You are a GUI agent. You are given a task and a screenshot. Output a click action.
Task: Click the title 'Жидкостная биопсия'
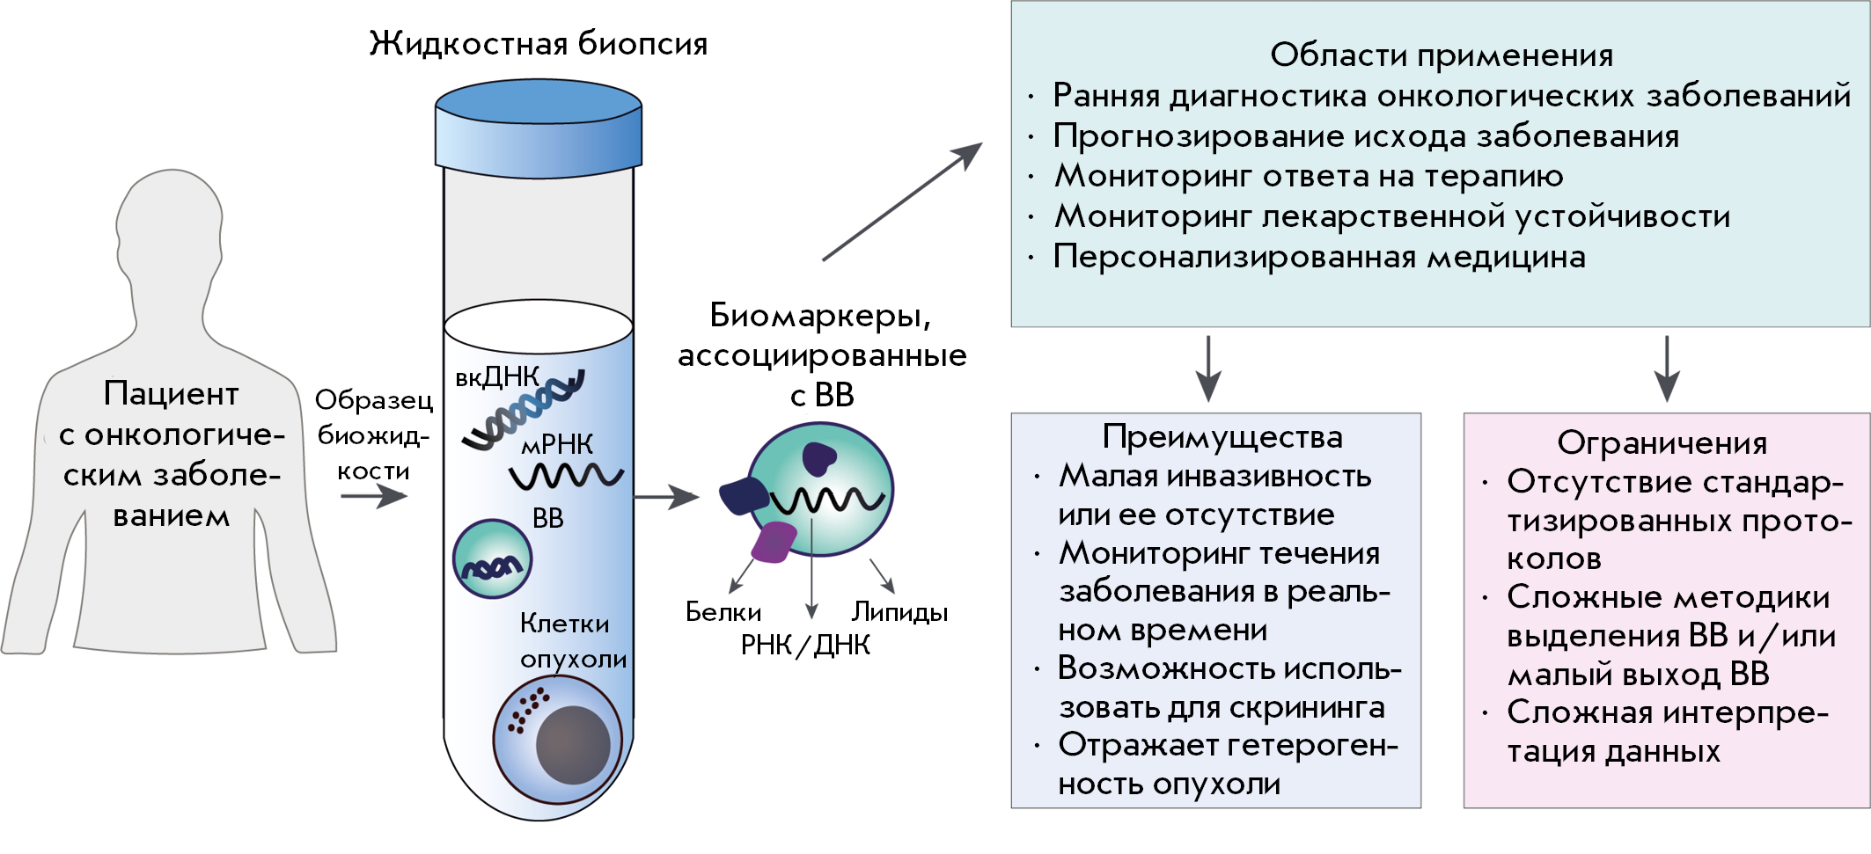point(538,43)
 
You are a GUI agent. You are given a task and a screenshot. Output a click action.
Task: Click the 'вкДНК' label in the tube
point(497,377)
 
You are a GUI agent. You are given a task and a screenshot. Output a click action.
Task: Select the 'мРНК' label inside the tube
point(558,445)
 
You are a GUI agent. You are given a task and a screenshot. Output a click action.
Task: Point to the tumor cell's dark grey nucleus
point(573,744)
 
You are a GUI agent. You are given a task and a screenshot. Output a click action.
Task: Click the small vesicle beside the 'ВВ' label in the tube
point(492,559)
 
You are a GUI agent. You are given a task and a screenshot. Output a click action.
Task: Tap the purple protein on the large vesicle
point(773,542)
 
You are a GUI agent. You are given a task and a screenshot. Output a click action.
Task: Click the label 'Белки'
point(723,612)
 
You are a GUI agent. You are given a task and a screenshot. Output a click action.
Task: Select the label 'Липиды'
point(899,612)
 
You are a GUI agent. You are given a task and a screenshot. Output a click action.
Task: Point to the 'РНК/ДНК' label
point(805,646)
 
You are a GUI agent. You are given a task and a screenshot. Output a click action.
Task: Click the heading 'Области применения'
point(1441,55)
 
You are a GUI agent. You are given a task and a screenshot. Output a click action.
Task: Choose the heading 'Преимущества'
point(1222,437)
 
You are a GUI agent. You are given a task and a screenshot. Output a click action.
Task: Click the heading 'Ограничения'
point(1662,442)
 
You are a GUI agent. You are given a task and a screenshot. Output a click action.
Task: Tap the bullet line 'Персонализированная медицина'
point(1319,257)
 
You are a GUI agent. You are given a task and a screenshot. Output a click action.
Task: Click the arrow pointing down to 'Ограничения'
point(1667,369)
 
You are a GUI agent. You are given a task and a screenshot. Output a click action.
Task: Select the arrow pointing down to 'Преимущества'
point(1208,369)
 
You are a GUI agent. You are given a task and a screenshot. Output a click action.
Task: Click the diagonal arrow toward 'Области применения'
point(902,201)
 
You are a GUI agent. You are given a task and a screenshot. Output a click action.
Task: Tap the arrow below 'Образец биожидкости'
point(374,497)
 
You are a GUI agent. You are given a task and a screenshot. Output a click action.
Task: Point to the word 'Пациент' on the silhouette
point(171,394)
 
